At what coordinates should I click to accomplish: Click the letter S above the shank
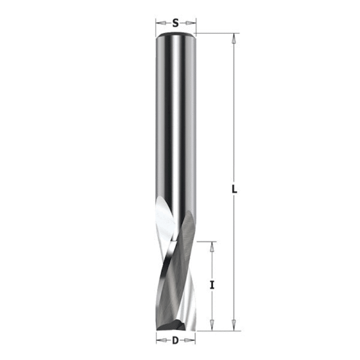175,23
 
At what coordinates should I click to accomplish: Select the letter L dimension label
235,190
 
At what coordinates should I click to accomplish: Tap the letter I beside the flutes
212,285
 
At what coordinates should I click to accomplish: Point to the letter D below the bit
175,341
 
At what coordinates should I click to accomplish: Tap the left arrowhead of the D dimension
160,341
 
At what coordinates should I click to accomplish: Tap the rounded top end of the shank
175,35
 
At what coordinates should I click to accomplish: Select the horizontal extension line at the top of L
216,33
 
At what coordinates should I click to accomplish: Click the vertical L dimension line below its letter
235,258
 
